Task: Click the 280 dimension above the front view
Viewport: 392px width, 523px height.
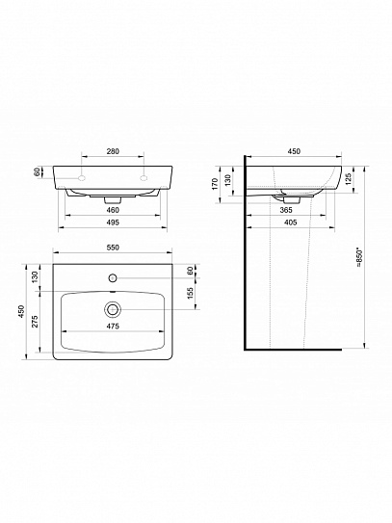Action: pyautogui.click(x=113, y=151)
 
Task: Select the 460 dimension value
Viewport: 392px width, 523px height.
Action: pyautogui.click(x=113, y=210)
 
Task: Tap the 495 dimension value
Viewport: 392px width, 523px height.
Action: pyautogui.click(x=113, y=222)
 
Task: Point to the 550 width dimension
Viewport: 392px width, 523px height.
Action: pyautogui.click(x=113, y=248)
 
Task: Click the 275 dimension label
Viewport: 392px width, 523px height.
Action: pyautogui.click(x=35, y=321)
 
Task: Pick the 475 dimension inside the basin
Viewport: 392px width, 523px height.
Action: pyautogui.click(x=113, y=327)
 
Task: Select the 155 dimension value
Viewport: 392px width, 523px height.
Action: pyautogui.click(x=190, y=293)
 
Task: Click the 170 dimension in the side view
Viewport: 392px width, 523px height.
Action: pyautogui.click(x=215, y=184)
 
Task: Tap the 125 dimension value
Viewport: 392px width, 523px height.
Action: pyautogui.click(x=349, y=179)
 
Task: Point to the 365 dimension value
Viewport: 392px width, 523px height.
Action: pyautogui.click(x=286, y=210)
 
